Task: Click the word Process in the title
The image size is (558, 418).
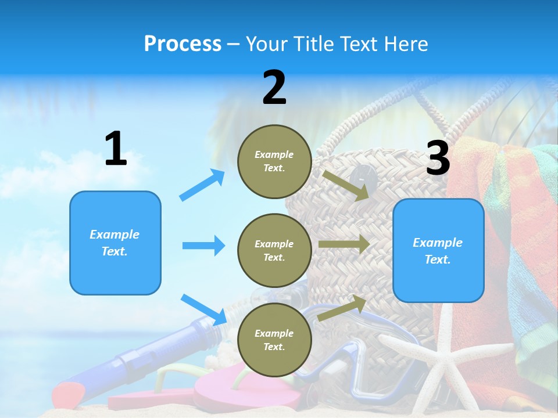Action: pyautogui.click(x=183, y=44)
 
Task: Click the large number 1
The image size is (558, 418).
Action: pyautogui.click(x=116, y=149)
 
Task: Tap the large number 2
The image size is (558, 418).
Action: pyautogui.click(x=274, y=88)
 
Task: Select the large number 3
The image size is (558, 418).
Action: pyautogui.click(x=438, y=158)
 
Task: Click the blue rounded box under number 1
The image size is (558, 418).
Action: pyautogui.click(x=115, y=243)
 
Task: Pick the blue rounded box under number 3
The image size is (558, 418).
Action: pyautogui.click(x=438, y=250)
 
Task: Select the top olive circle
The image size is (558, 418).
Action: pyautogui.click(x=274, y=161)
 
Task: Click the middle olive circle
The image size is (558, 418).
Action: pyautogui.click(x=274, y=250)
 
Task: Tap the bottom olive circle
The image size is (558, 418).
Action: pyautogui.click(x=274, y=340)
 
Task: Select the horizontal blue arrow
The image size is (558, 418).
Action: pyautogui.click(x=203, y=246)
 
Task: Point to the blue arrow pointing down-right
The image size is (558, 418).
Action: pyautogui.click(x=203, y=309)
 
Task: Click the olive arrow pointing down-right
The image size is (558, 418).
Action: pyautogui.click(x=346, y=185)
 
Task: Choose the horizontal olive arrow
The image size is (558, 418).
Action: pyautogui.click(x=344, y=244)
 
